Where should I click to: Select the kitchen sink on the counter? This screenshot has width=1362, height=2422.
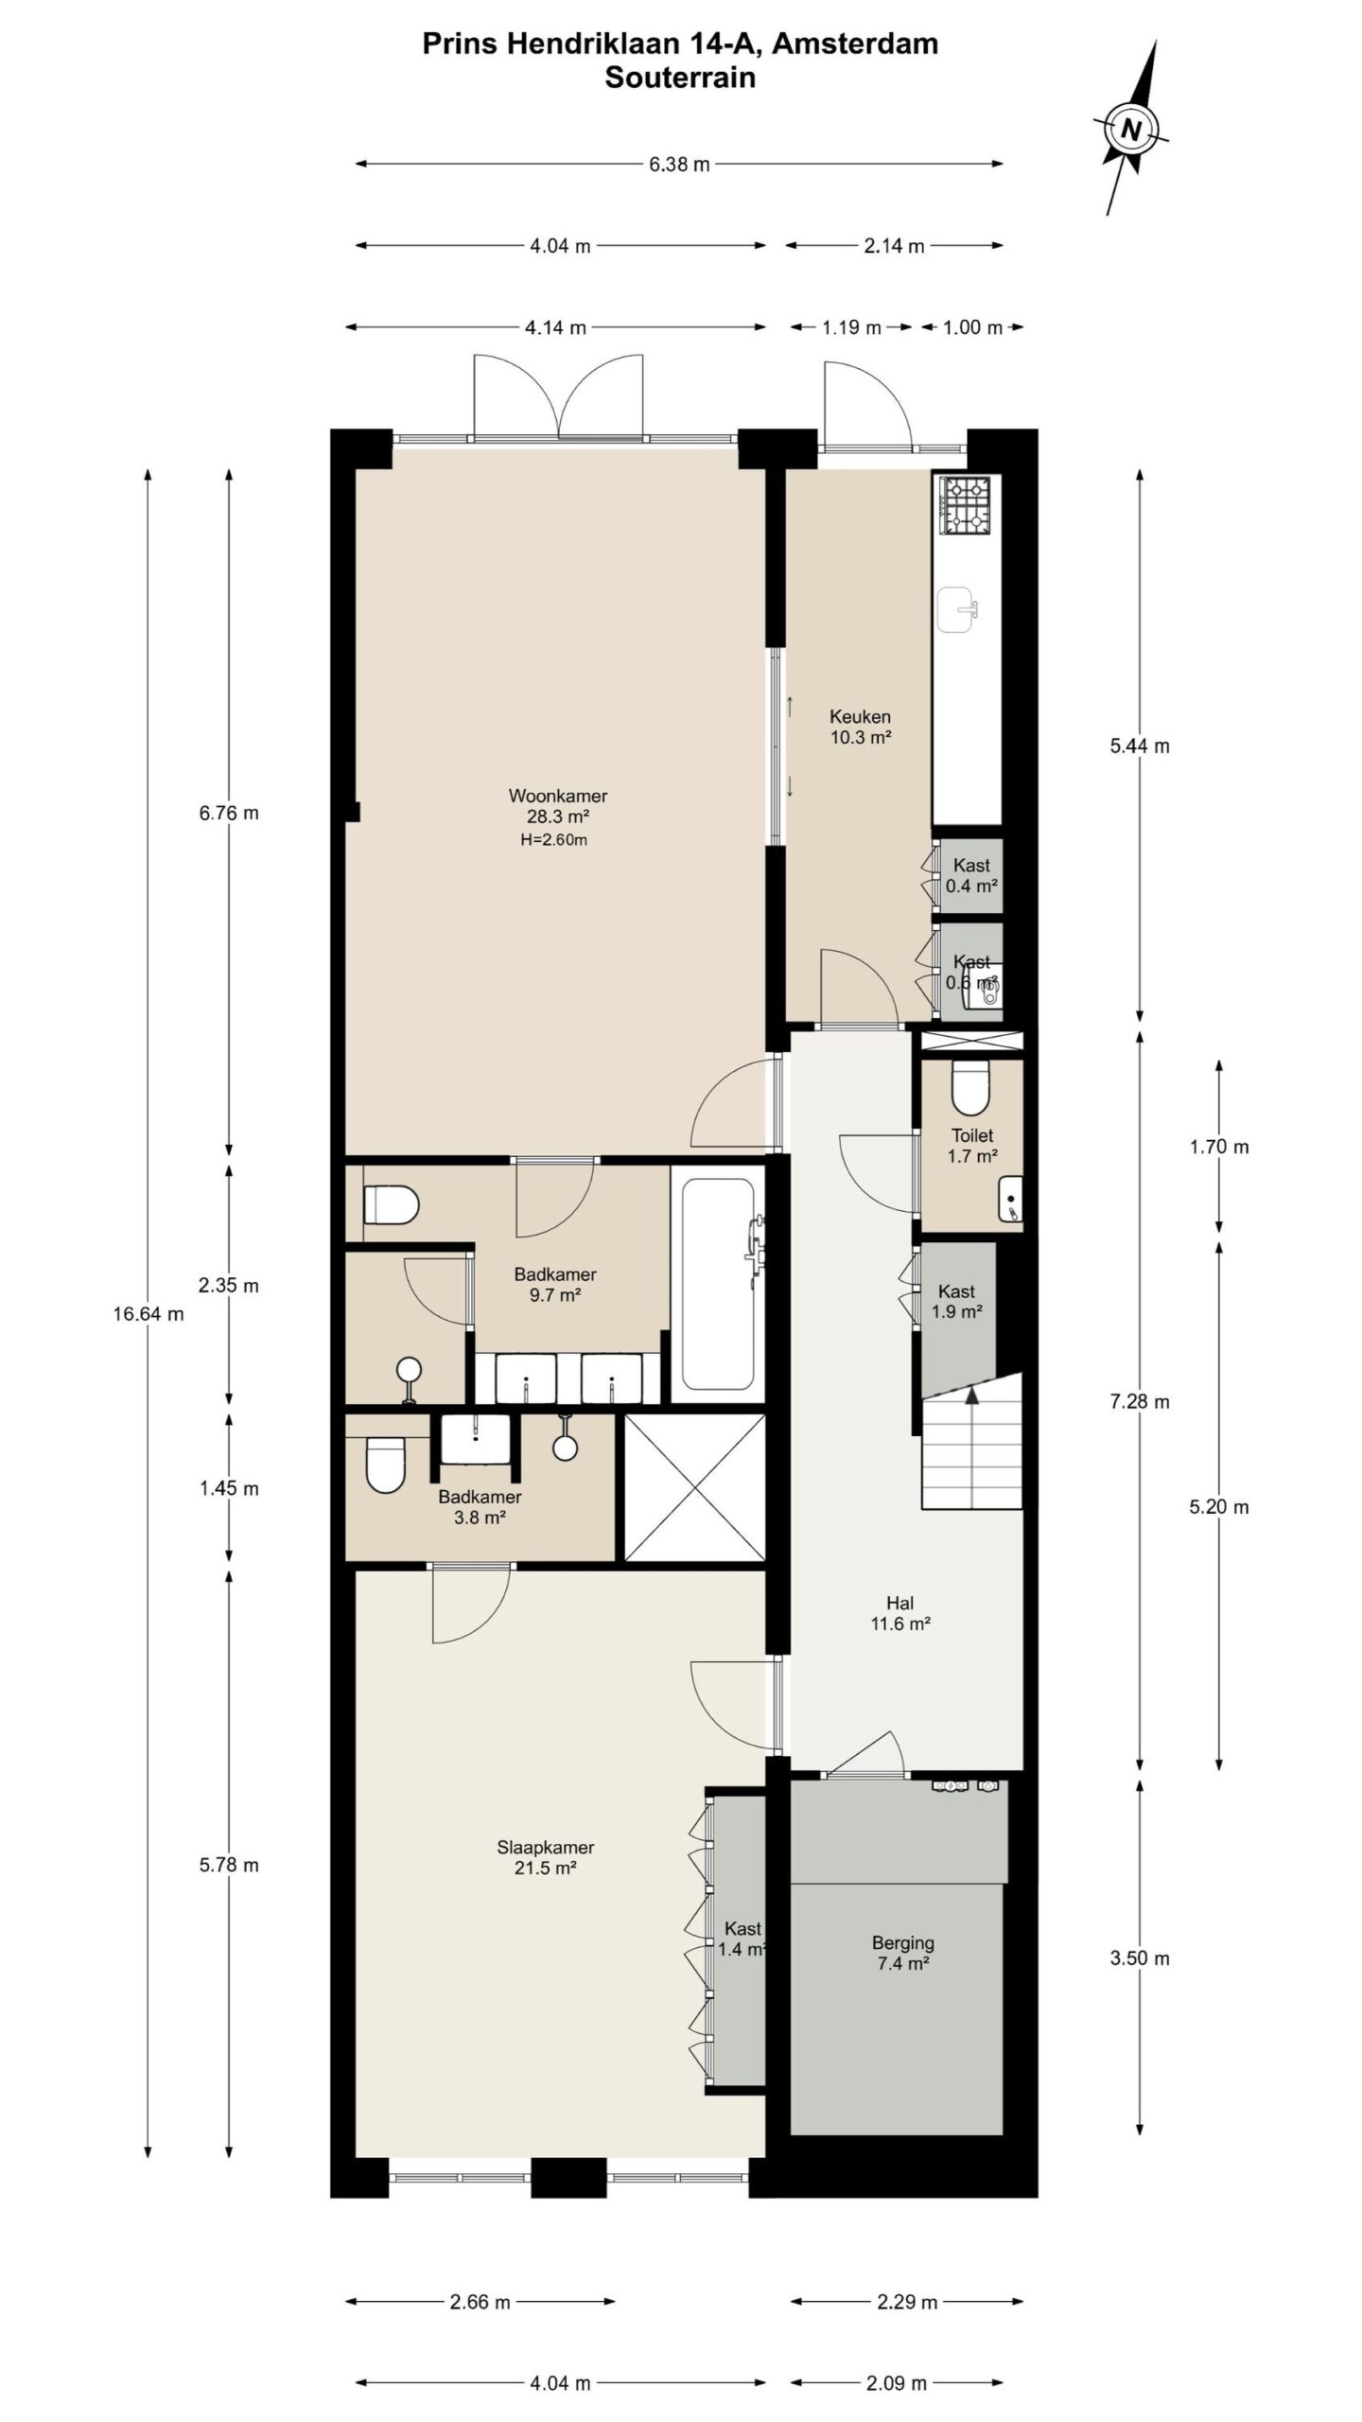click(959, 609)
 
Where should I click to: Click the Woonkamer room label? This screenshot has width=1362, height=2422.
click(557, 796)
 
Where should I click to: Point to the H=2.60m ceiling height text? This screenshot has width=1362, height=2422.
click(554, 840)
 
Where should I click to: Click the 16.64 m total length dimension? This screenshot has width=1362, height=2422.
click(148, 1314)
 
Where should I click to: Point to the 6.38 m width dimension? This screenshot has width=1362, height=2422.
click(679, 165)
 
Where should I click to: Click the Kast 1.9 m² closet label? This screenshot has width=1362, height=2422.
click(957, 1302)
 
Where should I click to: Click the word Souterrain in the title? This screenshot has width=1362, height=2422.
click(680, 78)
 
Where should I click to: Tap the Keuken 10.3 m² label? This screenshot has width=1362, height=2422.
click(860, 727)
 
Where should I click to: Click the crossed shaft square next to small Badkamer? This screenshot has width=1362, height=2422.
click(695, 1487)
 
